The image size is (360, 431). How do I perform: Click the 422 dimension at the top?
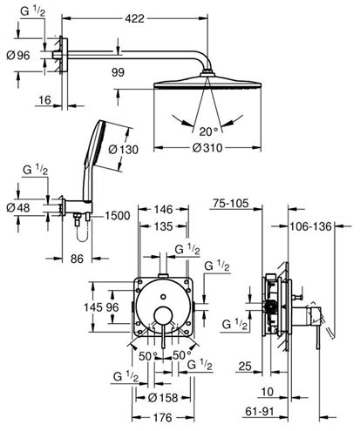[134, 19]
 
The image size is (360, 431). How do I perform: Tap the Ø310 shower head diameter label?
[207, 148]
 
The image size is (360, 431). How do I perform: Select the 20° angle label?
[208, 131]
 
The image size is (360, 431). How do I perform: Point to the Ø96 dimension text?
[18, 55]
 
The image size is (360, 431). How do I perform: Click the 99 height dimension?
[118, 72]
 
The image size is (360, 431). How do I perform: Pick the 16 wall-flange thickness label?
[45, 100]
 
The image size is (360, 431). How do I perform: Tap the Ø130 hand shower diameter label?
[124, 150]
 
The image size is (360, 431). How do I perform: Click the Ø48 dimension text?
[18, 208]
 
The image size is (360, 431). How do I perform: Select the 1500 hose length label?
[118, 216]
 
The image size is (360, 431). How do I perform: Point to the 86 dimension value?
[77, 259]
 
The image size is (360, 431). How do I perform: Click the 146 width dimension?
[164, 209]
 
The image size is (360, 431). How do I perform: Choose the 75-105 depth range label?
[231, 203]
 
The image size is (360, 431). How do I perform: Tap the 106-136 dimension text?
[310, 226]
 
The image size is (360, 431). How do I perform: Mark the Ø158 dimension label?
[163, 398]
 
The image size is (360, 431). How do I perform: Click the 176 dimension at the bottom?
[163, 418]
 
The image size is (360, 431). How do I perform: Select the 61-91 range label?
[260, 411]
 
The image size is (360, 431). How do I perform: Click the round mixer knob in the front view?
[164, 315]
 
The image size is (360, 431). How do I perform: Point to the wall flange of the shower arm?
[65, 55]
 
